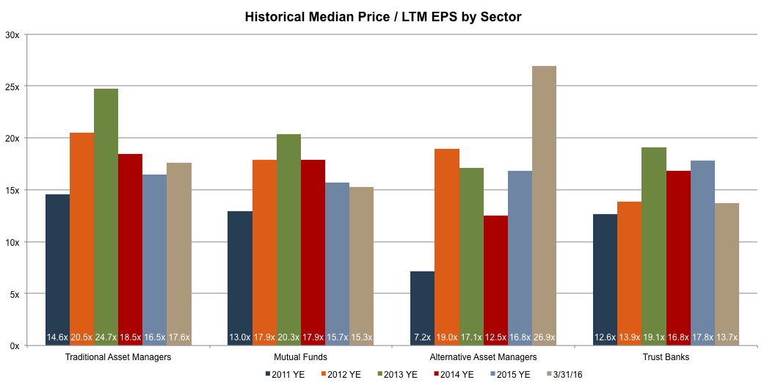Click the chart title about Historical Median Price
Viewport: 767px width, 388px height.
click(383, 17)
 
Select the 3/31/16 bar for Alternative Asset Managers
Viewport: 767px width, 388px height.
click(544, 205)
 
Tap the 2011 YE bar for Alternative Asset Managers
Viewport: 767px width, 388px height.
click(422, 308)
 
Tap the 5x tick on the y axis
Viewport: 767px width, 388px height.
click(14, 294)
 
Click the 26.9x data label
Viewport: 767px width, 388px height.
click(544, 337)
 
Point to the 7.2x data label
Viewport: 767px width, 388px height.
click(422, 337)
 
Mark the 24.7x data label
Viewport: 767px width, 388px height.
click(106, 337)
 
